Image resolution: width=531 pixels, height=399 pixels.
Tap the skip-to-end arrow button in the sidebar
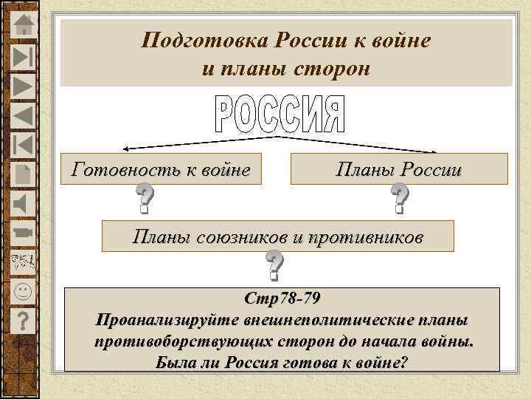click(x=24, y=58)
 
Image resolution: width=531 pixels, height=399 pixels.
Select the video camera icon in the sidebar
click(x=24, y=231)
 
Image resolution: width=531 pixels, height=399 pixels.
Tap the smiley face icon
click(x=24, y=290)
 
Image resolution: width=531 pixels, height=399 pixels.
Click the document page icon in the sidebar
click(x=24, y=173)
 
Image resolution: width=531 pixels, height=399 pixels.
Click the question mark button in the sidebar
click(x=24, y=319)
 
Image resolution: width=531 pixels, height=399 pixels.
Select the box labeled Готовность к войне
click(x=161, y=169)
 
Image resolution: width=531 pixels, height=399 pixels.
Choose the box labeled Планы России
click(x=399, y=169)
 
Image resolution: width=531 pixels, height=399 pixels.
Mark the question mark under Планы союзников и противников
click(x=274, y=266)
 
